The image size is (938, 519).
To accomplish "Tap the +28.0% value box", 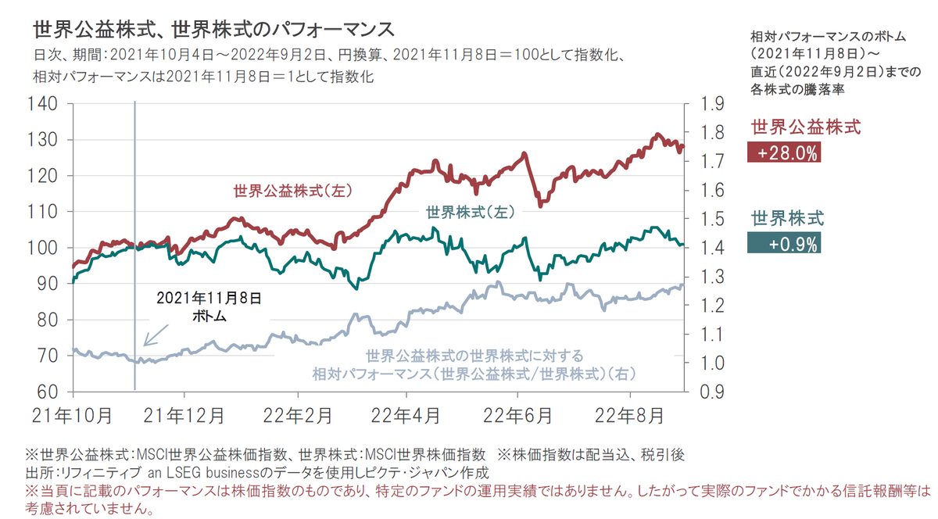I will tap(783, 153).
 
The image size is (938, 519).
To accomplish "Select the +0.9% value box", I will tap(783, 244).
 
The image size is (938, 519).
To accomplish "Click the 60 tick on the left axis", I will tap(52, 392).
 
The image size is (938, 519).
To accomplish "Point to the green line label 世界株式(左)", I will tap(469, 212).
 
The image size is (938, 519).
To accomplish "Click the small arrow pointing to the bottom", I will tap(155, 335).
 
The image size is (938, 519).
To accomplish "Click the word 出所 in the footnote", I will tap(38, 474).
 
